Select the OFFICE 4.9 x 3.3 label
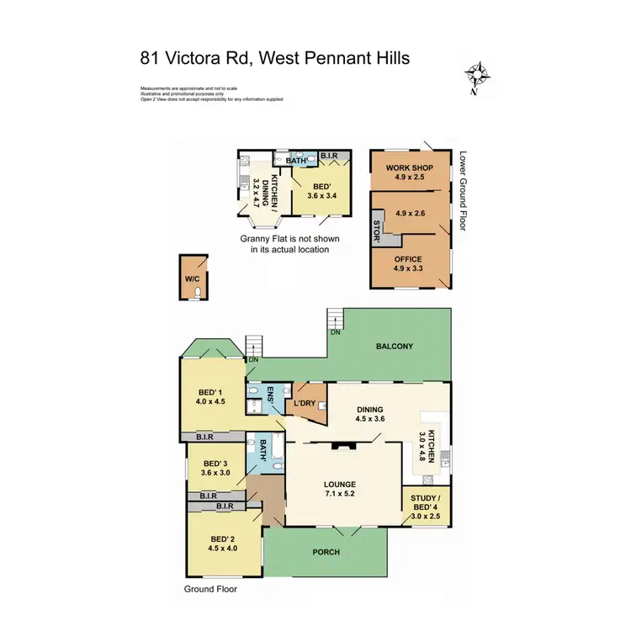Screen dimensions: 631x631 click(x=409, y=263)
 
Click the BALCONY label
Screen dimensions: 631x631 click(x=394, y=346)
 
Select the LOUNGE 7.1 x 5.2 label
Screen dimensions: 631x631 click(x=341, y=489)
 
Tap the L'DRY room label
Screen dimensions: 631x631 click(x=304, y=404)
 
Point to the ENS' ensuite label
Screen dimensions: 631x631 click(x=272, y=394)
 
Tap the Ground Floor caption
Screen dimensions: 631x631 click(x=211, y=589)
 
